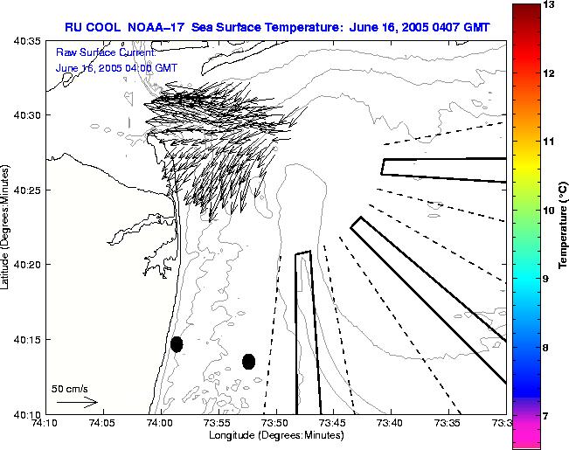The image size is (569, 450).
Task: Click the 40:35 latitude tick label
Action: (29, 40)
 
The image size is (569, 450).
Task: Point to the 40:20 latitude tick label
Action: (29, 265)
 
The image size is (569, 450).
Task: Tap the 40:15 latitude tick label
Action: (29, 339)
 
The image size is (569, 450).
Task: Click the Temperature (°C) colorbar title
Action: (565, 226)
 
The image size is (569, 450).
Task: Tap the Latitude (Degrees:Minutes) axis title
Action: (7, 226)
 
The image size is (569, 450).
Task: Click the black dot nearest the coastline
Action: (177, 344)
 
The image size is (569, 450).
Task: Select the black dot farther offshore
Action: (248, 361)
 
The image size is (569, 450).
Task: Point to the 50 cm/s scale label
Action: (70, 388)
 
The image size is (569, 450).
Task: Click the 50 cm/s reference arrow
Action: (77, 402)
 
